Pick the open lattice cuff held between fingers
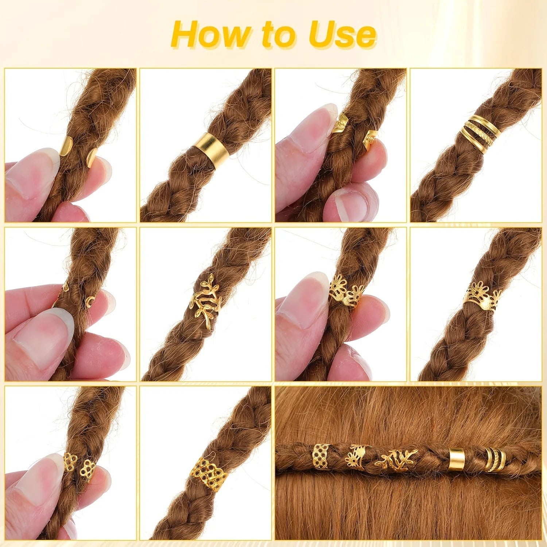click(x=79, y=463)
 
